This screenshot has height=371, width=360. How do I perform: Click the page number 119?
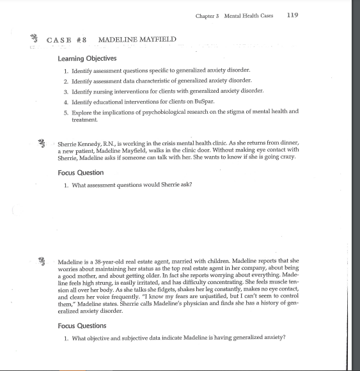(x=294, y=15)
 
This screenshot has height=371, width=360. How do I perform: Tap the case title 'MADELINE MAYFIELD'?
(x=137, y=40)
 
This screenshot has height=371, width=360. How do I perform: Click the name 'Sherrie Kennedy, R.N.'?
(x=84, y=144)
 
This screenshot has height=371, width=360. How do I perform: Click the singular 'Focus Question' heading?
(x=81, y=173)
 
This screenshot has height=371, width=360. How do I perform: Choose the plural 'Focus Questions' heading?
(x=82, y=326)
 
